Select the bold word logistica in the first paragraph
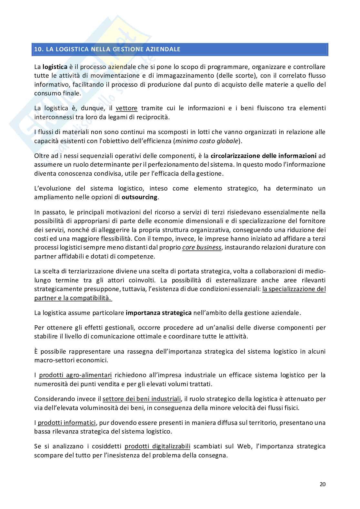point(55,67)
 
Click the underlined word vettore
point(126,108)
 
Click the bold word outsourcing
point(139,197)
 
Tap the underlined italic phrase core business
point(202,248)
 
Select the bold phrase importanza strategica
point(158,313)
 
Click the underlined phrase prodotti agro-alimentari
point(75,375)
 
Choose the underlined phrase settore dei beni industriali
point(142,399)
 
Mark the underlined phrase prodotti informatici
point(67,423)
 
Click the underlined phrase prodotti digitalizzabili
point(157,447)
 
